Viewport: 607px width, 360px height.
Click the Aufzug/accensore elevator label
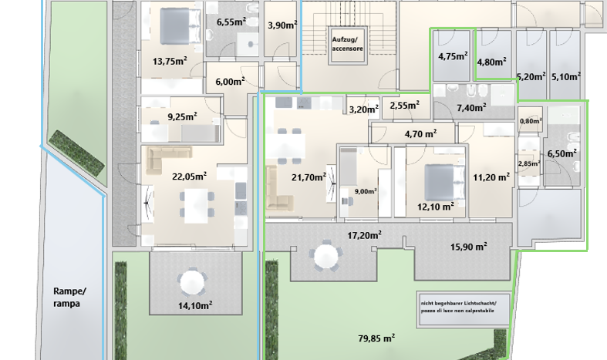pos(347,44)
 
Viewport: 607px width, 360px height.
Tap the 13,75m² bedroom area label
pos(170,61)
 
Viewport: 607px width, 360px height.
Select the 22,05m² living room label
pos(189,177)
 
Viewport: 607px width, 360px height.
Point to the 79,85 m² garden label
pos(376,338)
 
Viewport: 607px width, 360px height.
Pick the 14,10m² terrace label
pos(195,305)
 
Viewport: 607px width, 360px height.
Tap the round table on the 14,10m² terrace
pos(191,281)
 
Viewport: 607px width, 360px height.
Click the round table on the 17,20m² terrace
pos(326,256)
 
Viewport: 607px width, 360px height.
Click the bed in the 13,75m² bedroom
pos(180,26)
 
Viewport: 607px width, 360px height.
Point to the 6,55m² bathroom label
pos(231,22)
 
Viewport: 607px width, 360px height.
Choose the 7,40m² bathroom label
pos(471,108)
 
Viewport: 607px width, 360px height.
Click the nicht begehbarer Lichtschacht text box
pos(463,308)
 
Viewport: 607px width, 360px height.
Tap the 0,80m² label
pos(531,121)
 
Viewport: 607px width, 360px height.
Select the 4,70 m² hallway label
pos(421,134)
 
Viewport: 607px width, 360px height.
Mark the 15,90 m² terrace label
pos(468,246)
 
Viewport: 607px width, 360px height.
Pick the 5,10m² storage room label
pos(566,76)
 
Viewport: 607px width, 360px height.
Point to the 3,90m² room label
pos(282,25)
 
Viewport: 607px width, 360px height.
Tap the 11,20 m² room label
pos(491,177)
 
